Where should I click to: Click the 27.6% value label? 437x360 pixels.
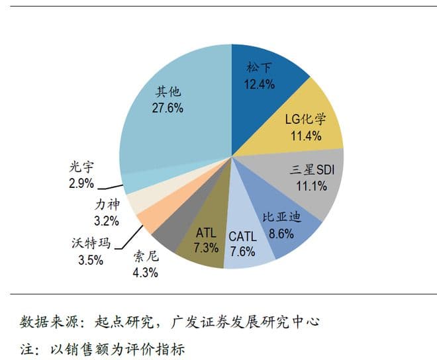point(168,107)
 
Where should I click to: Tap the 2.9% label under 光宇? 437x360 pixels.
point(81,183)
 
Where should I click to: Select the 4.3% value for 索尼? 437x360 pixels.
point(144,273)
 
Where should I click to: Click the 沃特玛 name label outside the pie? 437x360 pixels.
point(90,244)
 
